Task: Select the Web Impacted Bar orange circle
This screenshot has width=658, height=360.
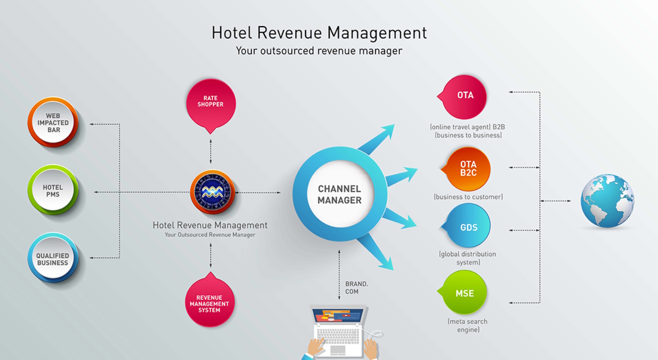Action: (53, 123)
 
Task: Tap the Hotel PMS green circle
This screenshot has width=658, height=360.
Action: (53, 190)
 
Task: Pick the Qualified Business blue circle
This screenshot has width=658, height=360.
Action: (53, 259)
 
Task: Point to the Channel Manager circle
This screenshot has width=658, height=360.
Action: (339, 194)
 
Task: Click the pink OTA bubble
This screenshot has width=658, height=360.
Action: (465, 96)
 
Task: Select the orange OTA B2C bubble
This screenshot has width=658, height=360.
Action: (468, 169)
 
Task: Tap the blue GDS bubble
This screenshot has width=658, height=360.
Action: (468, 227)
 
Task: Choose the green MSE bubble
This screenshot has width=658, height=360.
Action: (465, 293)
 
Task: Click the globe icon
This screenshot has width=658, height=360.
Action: (607, 201)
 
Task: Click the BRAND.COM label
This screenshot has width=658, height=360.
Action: (357, 288)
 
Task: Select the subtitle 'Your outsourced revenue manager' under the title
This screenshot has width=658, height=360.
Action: (319, 51)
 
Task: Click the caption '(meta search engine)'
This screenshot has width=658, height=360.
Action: (468, 326)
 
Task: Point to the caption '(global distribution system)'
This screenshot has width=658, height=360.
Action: (467, 258)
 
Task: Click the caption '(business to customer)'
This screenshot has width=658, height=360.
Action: (468, 197)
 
